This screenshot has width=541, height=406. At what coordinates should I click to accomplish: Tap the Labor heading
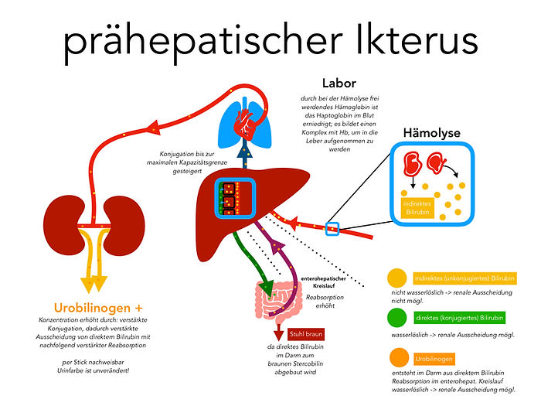(x=341, y=82)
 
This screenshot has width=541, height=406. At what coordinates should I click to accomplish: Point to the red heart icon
(x=246, y=119)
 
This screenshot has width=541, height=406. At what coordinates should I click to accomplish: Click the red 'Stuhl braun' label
(x=308, y=334)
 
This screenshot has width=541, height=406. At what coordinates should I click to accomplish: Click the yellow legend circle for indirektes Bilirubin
(x=396, y=278)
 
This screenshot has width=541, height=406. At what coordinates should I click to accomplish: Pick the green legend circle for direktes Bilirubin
(x=396, y=317)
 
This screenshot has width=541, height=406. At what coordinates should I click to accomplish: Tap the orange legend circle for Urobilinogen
(x=396, y=358)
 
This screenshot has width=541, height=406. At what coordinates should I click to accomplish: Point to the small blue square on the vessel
(x=332, y=228)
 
